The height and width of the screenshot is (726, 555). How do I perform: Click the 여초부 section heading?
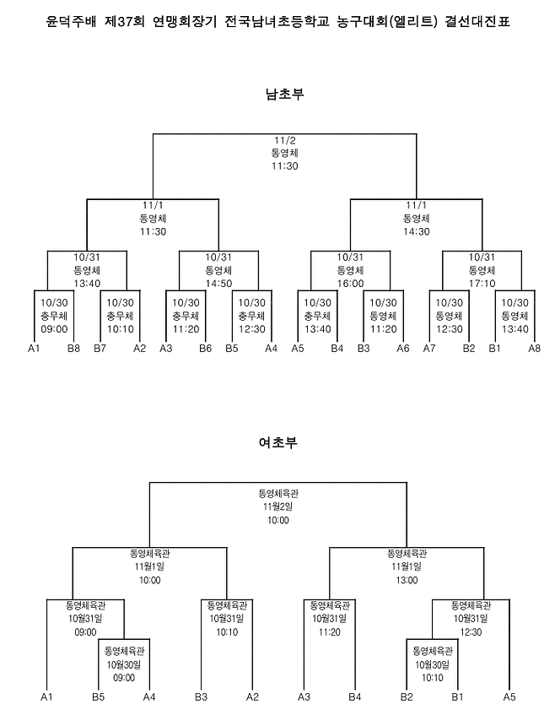tap(278, 442)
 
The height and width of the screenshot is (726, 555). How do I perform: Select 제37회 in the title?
tap(117, 20)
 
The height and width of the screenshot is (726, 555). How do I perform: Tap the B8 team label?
tap(74, 348)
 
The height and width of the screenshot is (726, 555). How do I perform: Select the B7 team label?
tap(100, 348)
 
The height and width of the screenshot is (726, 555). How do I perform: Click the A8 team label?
tap(535, 348)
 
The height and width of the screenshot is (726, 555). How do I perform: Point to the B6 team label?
tap(205, 348)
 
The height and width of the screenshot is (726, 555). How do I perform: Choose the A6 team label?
tap(402, 348)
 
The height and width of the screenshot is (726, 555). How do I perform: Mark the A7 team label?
tap(428, 348)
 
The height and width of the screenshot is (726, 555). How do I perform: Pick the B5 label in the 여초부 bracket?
tap(99, 696)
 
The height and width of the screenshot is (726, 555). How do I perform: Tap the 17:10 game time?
tap(482, 284)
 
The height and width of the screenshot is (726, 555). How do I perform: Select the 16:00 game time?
tap(350, 284)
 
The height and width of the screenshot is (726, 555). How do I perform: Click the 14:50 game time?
tap(218, 284)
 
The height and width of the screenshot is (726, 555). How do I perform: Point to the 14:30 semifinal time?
tap(416, 230)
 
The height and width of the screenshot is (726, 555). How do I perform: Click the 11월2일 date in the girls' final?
tap(278, 506)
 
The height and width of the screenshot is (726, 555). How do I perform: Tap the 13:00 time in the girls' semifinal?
tap(407, 580)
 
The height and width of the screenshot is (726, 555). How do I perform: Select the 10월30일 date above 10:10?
tap(432, 664)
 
